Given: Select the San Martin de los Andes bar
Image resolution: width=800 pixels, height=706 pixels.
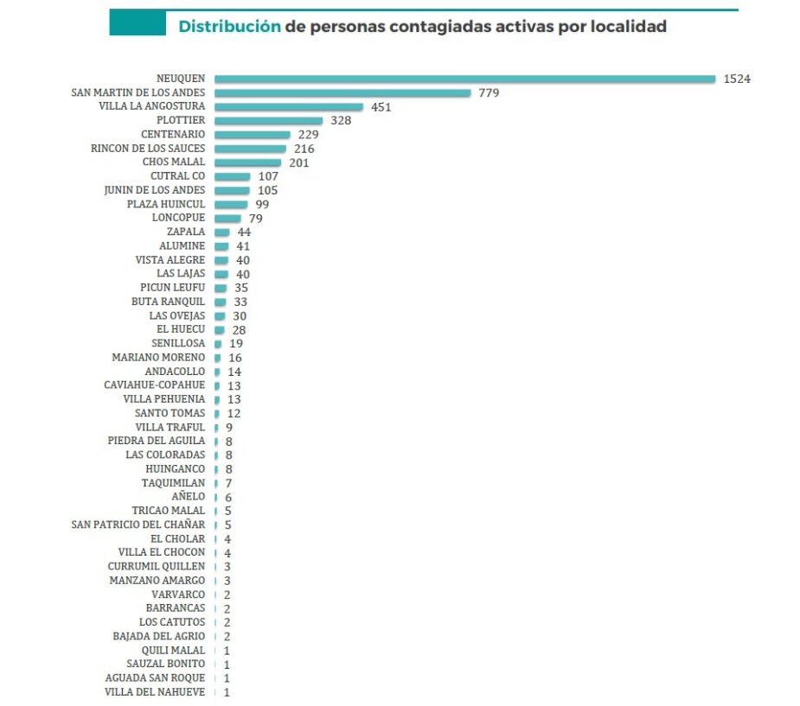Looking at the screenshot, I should [x=342, y=92].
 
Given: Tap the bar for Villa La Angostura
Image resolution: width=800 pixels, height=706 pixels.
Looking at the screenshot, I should [x=289, y=106].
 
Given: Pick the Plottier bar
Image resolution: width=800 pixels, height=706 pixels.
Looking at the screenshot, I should [x=269, y=120].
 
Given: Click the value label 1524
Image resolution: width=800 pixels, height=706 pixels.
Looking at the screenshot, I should [x=737, y=79].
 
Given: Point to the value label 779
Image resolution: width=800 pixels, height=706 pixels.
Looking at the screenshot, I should [x=489, y=92].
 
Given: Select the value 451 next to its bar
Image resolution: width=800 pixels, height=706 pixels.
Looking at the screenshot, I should [x=381, y=107].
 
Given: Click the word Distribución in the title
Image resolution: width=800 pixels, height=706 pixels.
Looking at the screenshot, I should [x=229, y=27].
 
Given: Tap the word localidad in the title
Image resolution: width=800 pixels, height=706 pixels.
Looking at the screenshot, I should [x=629, y=27].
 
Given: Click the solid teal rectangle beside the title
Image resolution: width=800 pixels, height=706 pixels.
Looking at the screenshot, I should [x=137, y=23].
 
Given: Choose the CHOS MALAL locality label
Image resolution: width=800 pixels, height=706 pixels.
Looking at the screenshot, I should [x=174, y=162].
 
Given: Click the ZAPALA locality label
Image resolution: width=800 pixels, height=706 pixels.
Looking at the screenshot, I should [x=186, y=232].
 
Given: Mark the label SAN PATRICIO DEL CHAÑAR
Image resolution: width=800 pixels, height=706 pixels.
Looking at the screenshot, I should [x=138, y=525].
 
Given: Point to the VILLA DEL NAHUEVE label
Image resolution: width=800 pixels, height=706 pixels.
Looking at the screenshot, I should [x=155, y=691].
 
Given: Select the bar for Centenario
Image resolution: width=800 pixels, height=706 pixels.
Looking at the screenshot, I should [x=253, y=134].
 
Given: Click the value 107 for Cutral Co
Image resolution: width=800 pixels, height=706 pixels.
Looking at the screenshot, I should [x=268, y=176].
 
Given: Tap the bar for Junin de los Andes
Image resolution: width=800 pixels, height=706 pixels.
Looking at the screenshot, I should [x=232, y=190].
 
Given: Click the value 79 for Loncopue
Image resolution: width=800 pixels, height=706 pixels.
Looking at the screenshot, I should [x=255, y=219].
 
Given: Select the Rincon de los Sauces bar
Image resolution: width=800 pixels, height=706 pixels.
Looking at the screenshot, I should [x=250, y=149].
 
